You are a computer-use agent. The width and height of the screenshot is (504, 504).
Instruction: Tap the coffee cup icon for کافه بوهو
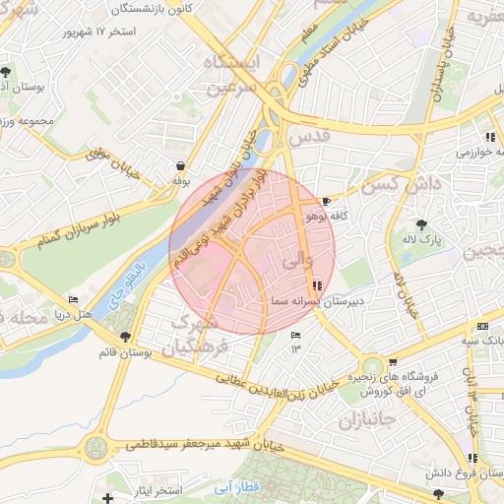[x=327, y=201]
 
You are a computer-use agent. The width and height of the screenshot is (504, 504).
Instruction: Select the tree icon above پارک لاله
[x=422, y=224]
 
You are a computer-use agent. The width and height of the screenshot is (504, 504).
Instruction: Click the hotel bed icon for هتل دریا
[x=73, y=300]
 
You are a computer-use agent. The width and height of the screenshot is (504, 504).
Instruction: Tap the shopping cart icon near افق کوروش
[x=393, y=362]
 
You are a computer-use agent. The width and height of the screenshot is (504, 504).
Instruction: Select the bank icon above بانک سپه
[x=481, y=326]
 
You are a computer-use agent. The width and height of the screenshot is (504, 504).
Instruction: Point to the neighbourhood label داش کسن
[x=392, y=184]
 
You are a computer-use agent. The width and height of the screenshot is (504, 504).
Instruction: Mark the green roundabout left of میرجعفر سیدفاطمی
[x=94, y=448]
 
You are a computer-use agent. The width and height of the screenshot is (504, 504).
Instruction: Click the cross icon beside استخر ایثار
[x=107, y=499]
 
